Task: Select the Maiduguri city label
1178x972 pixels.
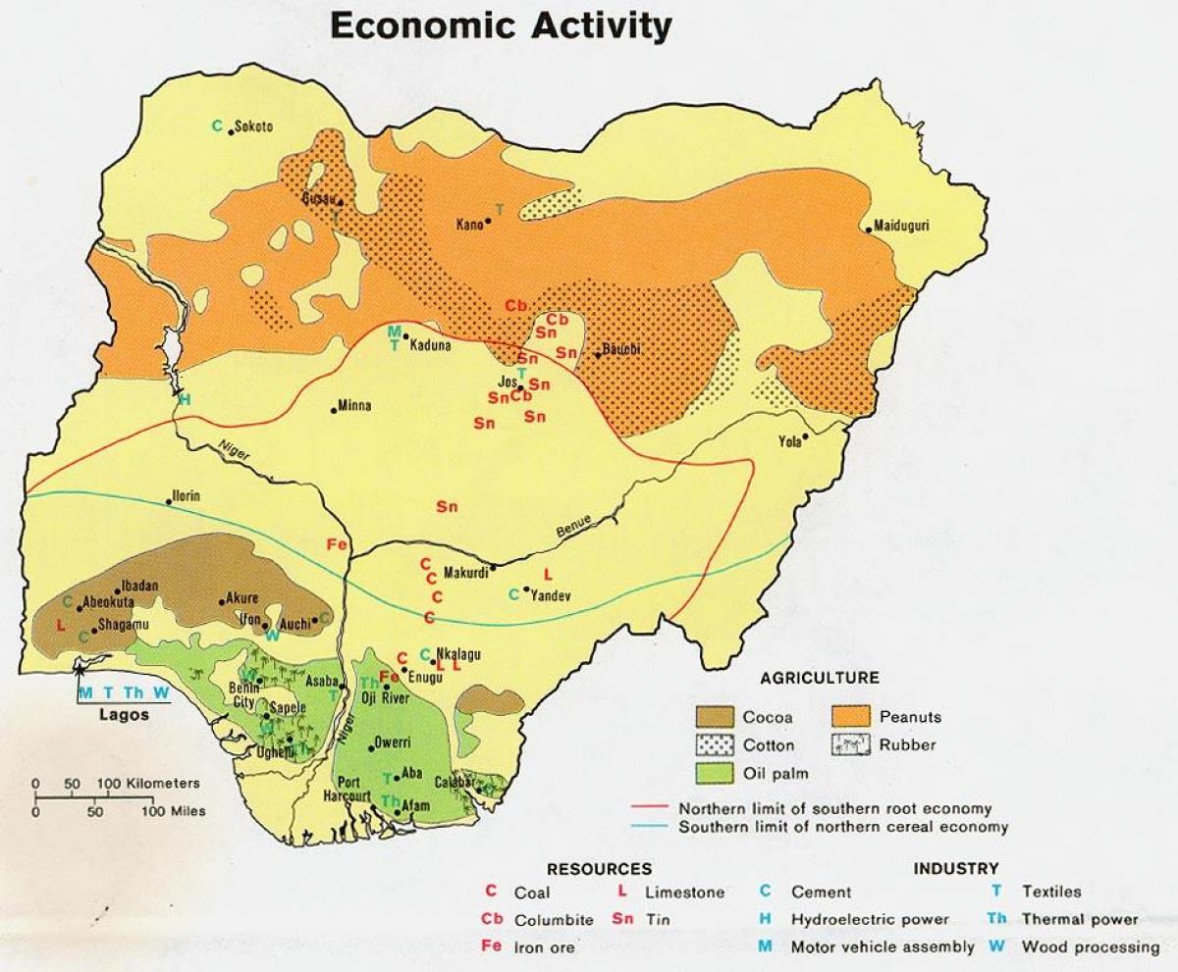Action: pyautogui.click(x=902, y=226)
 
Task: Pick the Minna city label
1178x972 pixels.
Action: pyautogui.click(x=355, y=406)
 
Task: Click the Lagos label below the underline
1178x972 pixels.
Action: pyautogui.click(x=125, y=715)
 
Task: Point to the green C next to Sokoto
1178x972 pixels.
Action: pyautogui.click(x=218, y=125)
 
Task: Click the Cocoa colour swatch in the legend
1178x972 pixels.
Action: pyautogui.click(x=716, y=717)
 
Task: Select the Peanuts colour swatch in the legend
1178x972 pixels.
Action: pyautogui.click(x=851, y=717)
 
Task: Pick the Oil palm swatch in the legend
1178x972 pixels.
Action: pyautogui.click(x=716, y=773)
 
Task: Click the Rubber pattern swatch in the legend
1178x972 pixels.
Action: pyautogui.click(x=851, y=744)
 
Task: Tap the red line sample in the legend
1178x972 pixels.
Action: pyautogui.click(x=651, y=809)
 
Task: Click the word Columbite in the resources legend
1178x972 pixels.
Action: pyautogui.click(x=554, y=920)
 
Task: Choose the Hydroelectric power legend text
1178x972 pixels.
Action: pyautogui.click(x=870, y=919)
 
